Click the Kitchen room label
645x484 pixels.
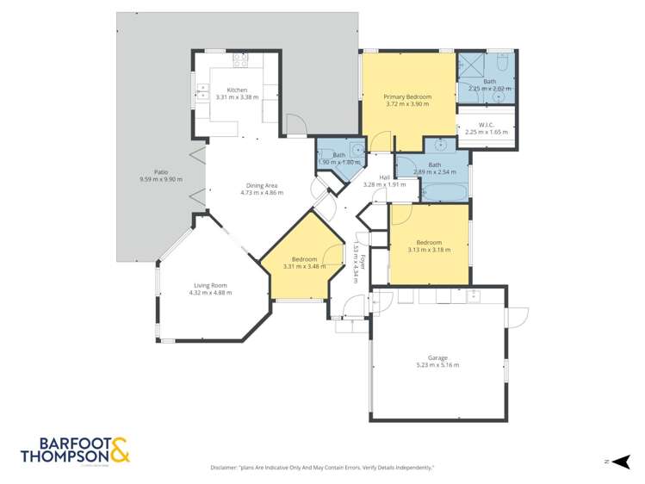[x=237, y=90]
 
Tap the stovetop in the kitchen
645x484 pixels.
[x=240, y=60]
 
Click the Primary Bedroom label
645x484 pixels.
[x=406, y=96]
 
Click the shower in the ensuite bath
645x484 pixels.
[x=470, y=66]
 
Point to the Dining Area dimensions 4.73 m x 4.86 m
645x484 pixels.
[x=261, y=193]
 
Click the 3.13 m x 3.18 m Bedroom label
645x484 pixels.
[x=428, y=243]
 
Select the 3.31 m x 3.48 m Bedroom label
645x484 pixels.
[x=304, y=259]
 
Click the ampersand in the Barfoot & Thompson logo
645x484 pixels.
[x=119, y=448]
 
